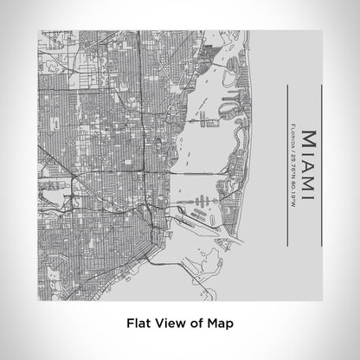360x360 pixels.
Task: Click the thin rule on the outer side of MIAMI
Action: click(x=322, y=164)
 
